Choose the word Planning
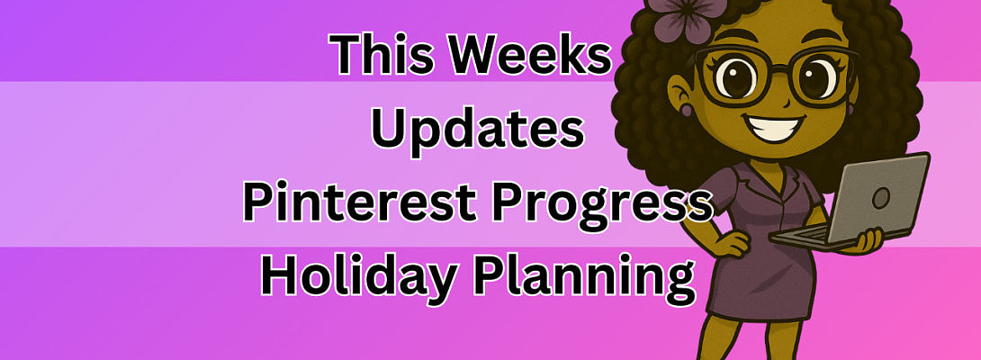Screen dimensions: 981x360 (x=584, y=278)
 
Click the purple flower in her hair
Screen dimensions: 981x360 (x=687, y=17)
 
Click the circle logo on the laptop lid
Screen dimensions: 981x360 (x=881, y=199)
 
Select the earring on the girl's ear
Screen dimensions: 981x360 (x=687, y=110)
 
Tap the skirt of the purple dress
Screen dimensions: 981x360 (x=761, y=283)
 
